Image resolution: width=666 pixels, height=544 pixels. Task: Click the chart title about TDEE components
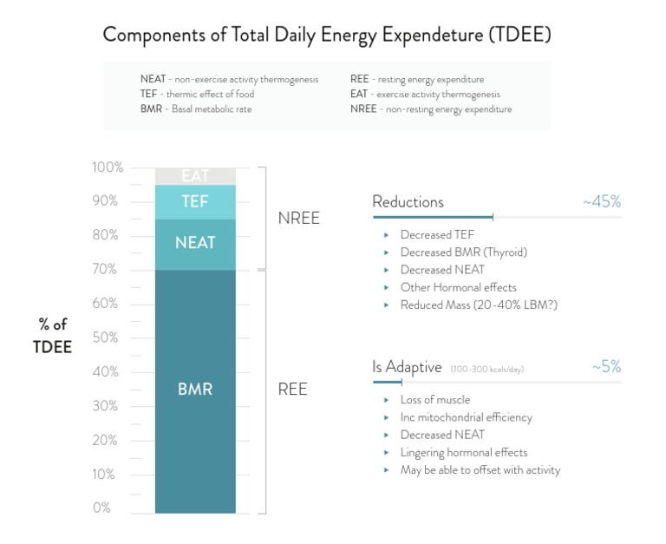coord(327,36)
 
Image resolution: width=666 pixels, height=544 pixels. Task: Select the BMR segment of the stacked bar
coord(195,390)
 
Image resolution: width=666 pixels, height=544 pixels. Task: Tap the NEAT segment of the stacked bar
coord(195,244)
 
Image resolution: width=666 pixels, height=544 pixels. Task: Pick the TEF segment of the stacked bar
coord(195,201)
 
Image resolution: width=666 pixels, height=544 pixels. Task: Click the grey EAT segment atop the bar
coord(195,176)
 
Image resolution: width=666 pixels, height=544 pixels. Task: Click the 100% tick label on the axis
coord(108,167)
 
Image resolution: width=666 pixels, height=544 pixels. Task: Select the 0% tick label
coord(101,508)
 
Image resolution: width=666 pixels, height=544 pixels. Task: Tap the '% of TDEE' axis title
coord(53,336)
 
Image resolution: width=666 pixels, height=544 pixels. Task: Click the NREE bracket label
coord(298,219)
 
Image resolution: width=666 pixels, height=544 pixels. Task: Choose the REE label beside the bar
coord(292,390)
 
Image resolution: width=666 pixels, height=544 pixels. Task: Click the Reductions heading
coord(408,202)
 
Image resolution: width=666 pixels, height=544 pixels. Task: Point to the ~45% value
coord(602,202)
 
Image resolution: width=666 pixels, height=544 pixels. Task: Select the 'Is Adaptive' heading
coord(407,367)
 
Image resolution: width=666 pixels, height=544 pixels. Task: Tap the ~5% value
coord(606,367)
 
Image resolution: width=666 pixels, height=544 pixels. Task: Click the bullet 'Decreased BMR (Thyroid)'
coord(463,252)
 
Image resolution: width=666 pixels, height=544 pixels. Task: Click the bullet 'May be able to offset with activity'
coord(480,470)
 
